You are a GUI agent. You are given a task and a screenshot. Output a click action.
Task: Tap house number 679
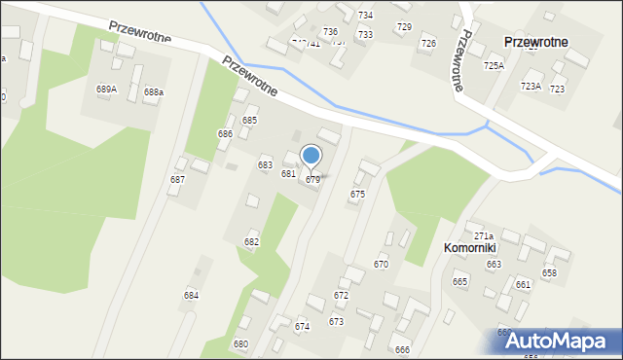pyautogui.click(x=312, y=180)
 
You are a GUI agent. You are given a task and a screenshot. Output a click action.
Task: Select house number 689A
pyautogui.click(x=106, y=89)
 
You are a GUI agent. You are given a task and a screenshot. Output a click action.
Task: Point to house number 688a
pyautogui.click(x=154, y=92)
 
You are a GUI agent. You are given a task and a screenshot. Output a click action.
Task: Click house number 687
pyautogui.click(x=177, y=180)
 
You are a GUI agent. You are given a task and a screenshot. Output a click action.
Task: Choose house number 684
pyautogui.click(x=191, y=295)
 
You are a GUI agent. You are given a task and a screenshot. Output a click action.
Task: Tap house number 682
pyautogui.click(x=251, y=241)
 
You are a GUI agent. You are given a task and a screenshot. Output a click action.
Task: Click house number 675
pyautogui.click(x=357, y=195)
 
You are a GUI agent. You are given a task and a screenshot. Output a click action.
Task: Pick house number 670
pyautogui.click(x=381, y=264)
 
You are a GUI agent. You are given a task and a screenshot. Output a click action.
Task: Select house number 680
pyautogui.click(x=240, y=344)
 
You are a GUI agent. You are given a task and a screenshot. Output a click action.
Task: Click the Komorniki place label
pyautogui.click(x=470, y=248)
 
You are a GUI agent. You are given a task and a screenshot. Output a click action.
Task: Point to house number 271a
pyautogui.click(x=484, y=236)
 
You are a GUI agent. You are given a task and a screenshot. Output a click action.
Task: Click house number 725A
pyautogui.click(x=494, y=65)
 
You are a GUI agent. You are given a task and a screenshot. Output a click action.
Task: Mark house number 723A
pyautogui.click(x=531, y=87)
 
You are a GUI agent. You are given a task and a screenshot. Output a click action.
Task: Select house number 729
pyautogui.click(x=404, y=26)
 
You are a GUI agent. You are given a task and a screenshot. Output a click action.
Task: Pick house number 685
pyautogui.click(x=249, y=120)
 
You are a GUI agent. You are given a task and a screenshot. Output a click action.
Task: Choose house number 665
pyautogui.click(x=459, y=281)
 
